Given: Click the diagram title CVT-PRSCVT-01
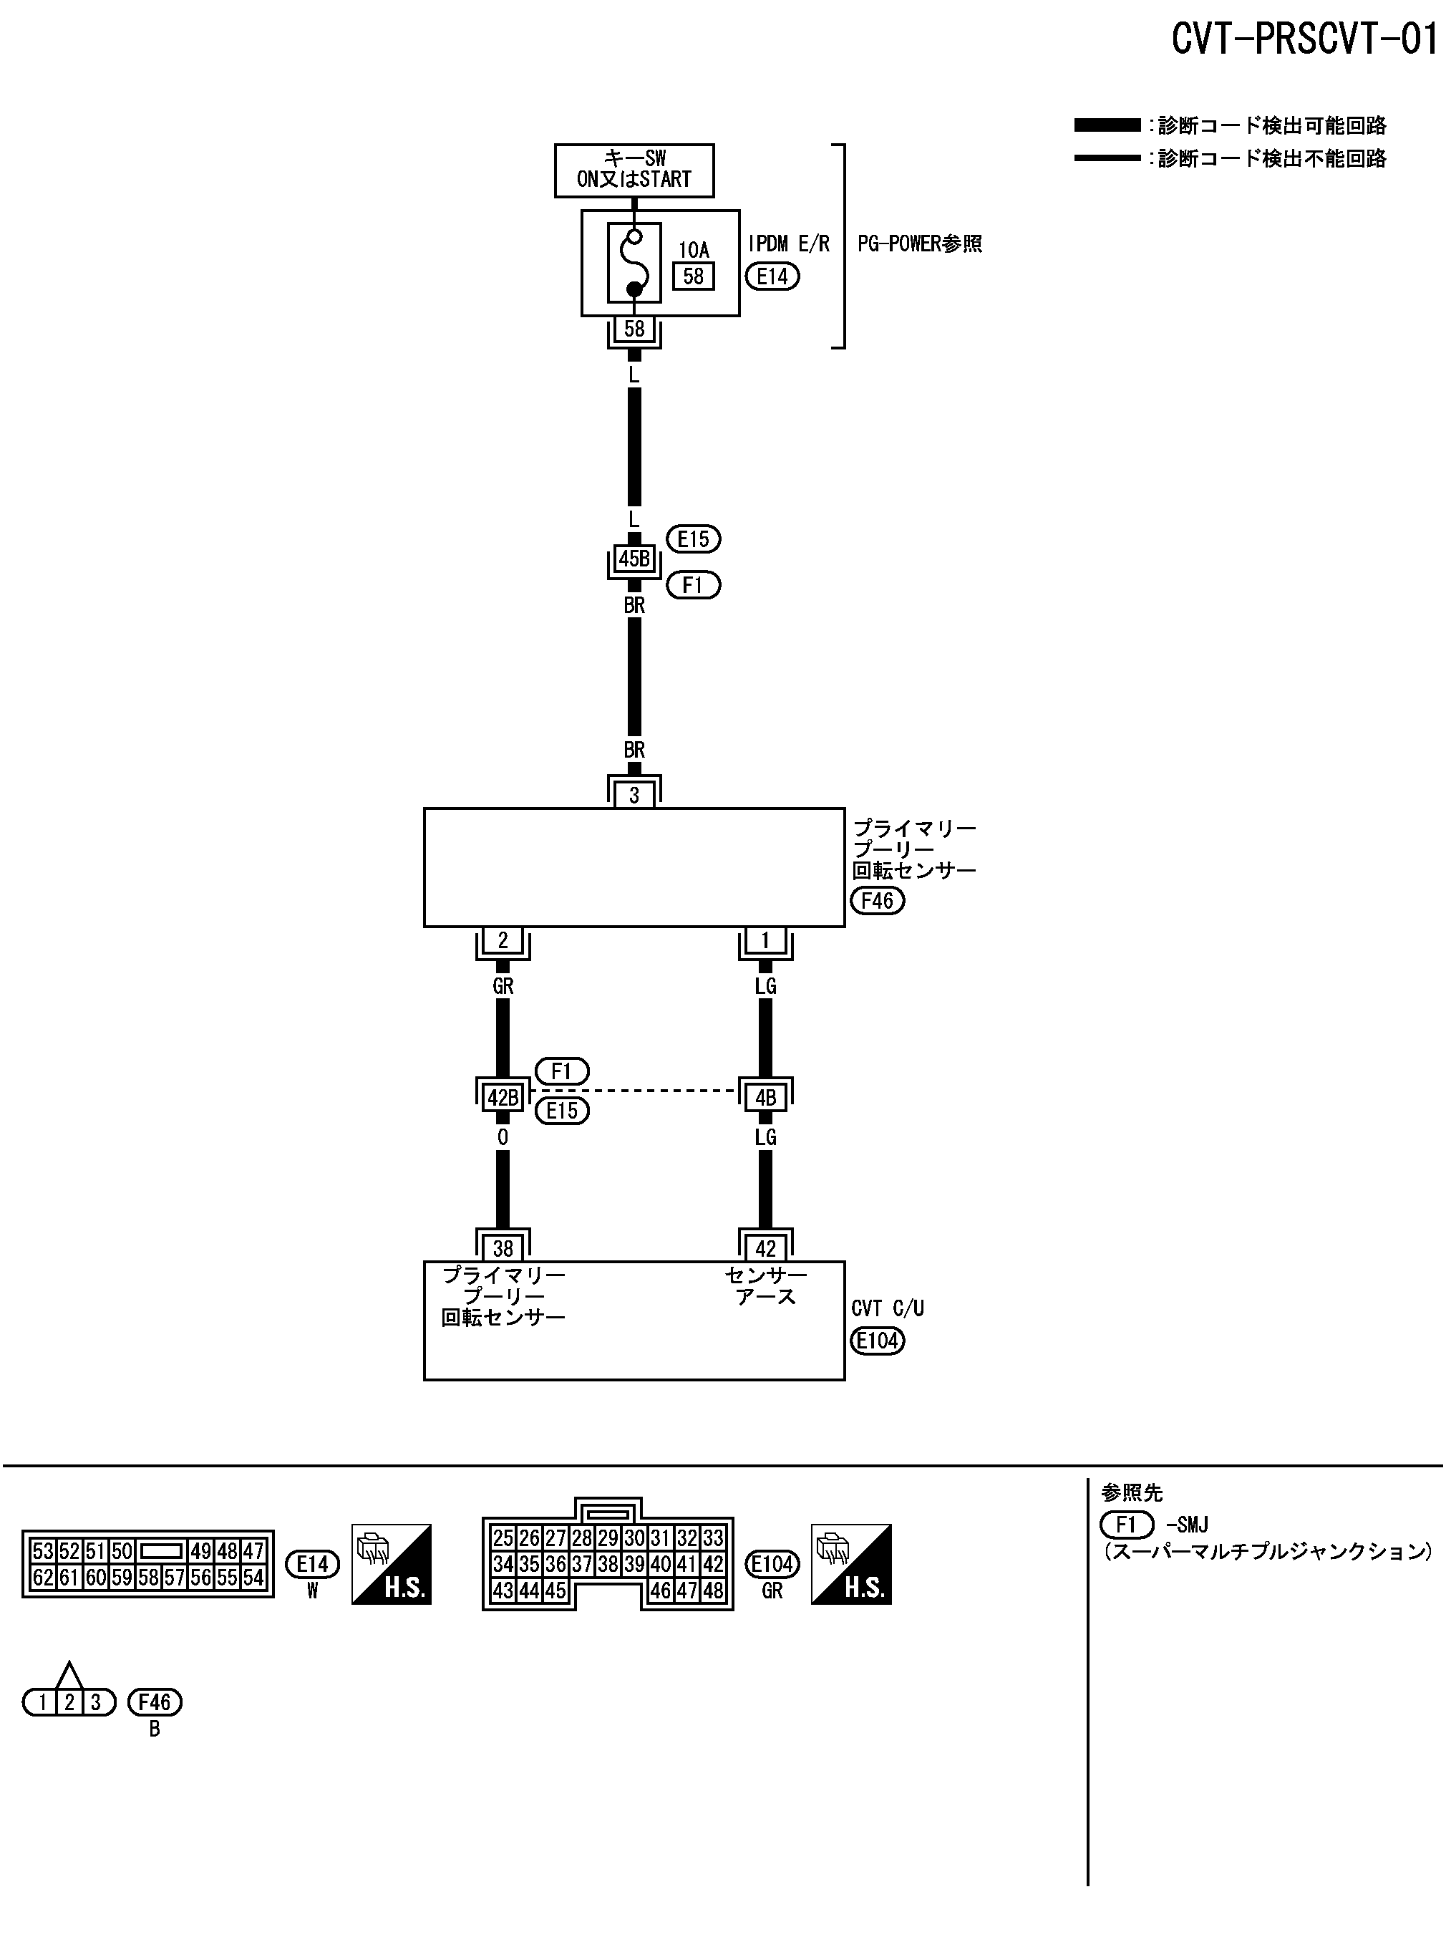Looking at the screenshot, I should pos(1304,39).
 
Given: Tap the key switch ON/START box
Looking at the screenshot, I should pos(634,170).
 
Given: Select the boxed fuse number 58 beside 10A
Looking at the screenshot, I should pos(693,276).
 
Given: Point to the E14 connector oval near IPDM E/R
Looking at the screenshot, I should pos(772,276).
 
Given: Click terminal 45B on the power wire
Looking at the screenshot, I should pos(634,559).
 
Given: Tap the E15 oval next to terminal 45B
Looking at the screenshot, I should pos(693,539).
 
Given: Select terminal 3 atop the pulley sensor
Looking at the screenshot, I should pos(634,795).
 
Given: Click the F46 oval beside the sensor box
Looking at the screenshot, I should pos(877,900).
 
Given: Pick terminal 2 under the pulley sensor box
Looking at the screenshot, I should pos(503,940).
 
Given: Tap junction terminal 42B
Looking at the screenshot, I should pos(503,1097).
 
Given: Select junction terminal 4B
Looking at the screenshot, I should pos(765,1097).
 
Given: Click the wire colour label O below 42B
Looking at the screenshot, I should pos(503,1137).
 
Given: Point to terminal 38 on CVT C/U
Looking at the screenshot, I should pos(503,1248).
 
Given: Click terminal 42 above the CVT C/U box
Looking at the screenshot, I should pos(765,1248).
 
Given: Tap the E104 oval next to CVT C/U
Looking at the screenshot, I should pos(877,1341).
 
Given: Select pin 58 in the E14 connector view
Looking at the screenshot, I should pos(148,1578).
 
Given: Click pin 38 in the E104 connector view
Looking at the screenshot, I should pos(608,1563).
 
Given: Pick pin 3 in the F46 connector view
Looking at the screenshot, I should pos(95,1703).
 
